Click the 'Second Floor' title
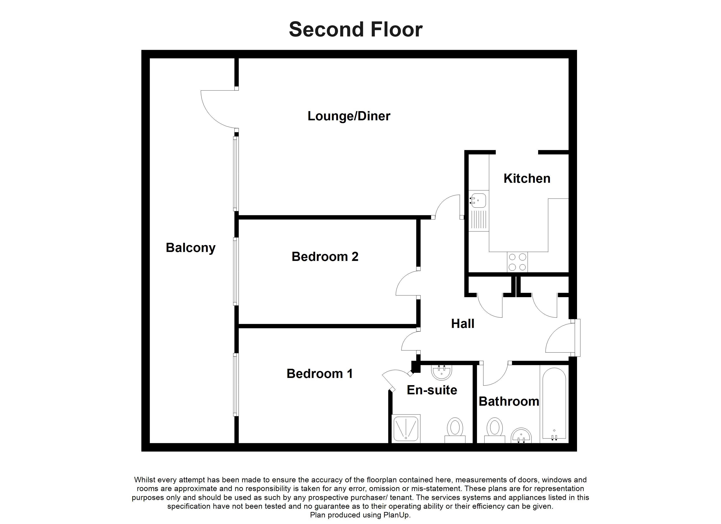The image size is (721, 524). [355, 29]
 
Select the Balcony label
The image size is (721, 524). [191, 248]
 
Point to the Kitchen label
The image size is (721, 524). [527, 179]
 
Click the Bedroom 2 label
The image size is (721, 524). [325, 257]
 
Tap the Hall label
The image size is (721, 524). [463, 324]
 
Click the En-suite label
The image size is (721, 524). [432, 390]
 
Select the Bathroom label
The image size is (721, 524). [509, 401]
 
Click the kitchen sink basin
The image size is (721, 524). [478, 200]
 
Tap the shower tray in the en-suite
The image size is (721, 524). [406, 429]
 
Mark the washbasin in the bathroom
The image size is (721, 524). [521, 436]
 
